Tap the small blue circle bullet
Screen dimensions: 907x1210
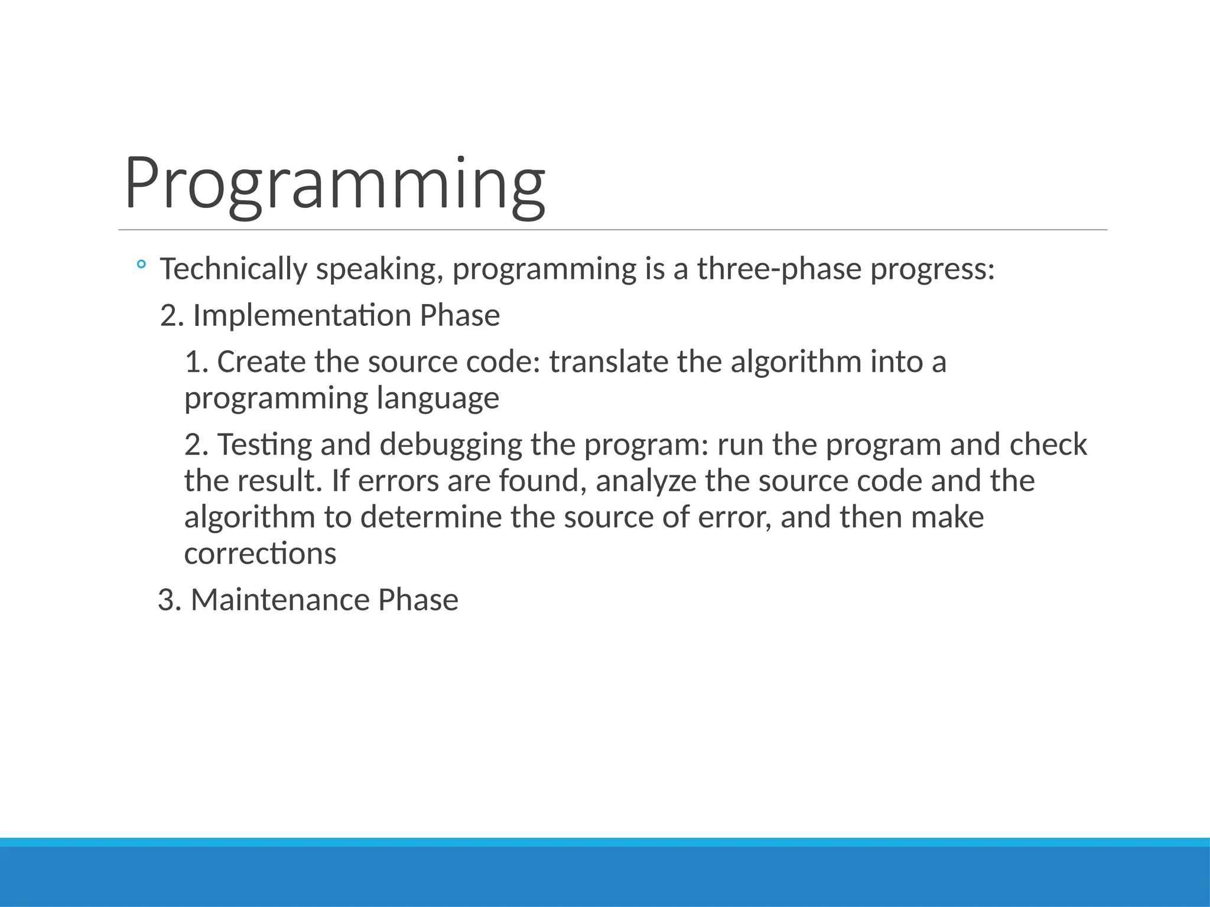point(141,265)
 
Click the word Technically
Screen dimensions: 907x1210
point(233,269)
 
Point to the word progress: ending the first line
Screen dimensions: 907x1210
point(933,270)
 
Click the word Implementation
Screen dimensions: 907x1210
point(302,315)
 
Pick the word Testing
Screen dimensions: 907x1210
point(265,445)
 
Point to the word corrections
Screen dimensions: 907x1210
point(260,554)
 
